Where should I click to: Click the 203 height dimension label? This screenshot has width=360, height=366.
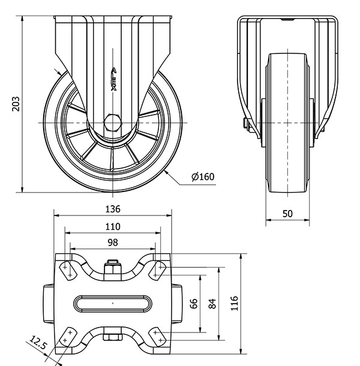pyautogui.click(x=16, y=104)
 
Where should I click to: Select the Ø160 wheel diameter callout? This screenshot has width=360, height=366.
pyautogui.click(x=203, y=176)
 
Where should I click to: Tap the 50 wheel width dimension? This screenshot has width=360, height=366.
pyautogui.click(x=287, y=214)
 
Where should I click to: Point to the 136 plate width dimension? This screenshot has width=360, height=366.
pyautogui.click(x=113, y=209)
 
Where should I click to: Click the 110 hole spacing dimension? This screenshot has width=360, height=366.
pyautogui.click(x=113, y=226)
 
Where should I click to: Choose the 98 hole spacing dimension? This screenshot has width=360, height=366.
pyautogui.click(x=113, y=243)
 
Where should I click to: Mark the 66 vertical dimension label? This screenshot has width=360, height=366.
pyautogui.click(x=194, y=304)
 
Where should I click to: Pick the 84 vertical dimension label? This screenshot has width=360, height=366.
pyautogui.click(x=212, y=304)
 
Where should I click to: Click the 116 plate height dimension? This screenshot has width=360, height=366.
pyautogui.click(x=234, y=304)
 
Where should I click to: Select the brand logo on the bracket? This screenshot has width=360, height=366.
pyautogui.click(x=113, y=79)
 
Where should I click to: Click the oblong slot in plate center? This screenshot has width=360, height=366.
pyautogui.click(x=113, y=304)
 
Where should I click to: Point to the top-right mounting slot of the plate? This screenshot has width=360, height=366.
pyautogui.click(x=158, y=271)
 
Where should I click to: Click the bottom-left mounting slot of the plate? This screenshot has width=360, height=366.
pyautogui.click(x=68, y=337)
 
